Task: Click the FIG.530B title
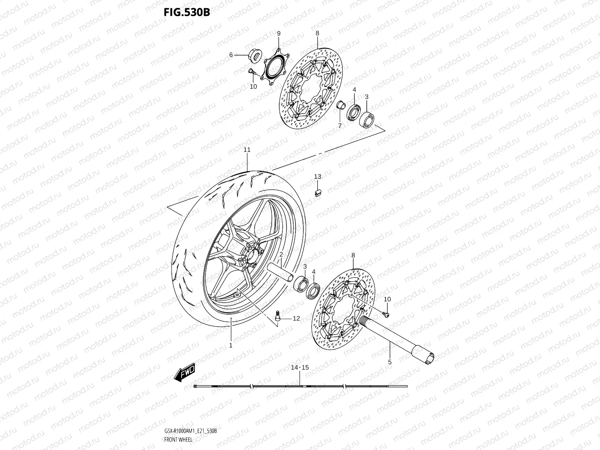click(x=186, y=12)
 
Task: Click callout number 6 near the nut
click(x=231, y=55)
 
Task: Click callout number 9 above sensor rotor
click(x=279, y=34)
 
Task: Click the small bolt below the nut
click(x=252, y=71)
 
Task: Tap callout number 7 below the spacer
click(x=340, y=126)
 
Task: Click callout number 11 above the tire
click(x=247, y=150)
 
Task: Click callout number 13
click(x=318, y=177)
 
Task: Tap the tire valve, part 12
click(x=278, y=316)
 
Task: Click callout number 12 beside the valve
click(x=296, y=319)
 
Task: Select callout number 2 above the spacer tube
click(x=280, y=255)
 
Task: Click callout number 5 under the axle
click(x=390, y=362)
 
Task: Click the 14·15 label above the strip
click(x=300, y=368)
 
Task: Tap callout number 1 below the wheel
click(x=231, y=345)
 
